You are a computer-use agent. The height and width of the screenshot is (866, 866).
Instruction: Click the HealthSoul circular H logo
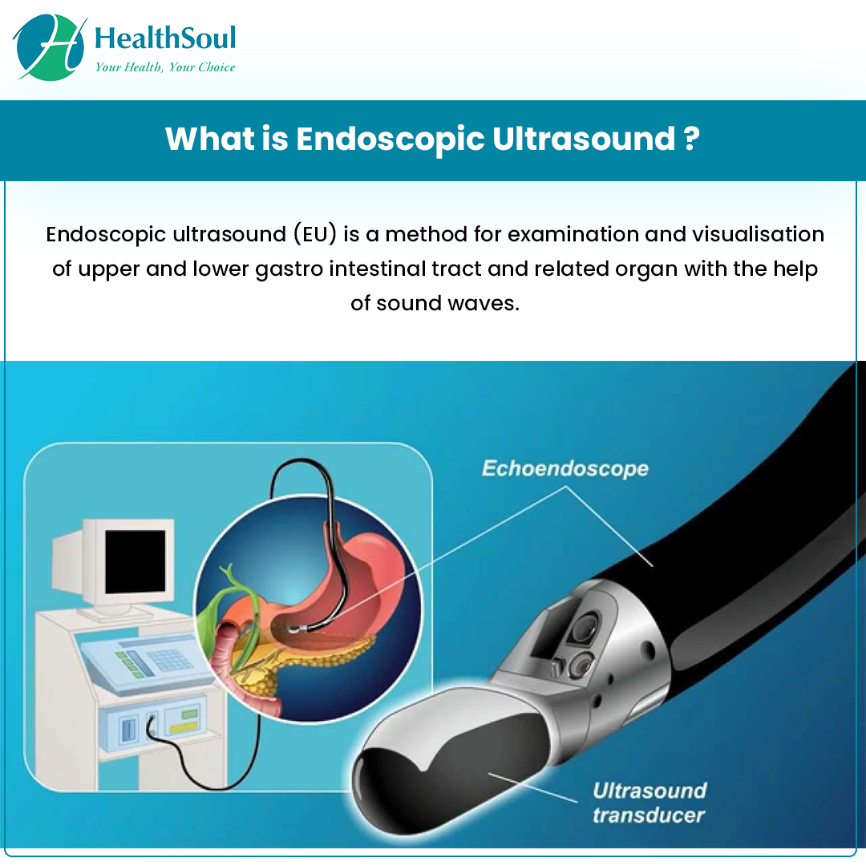[x=50, y=48]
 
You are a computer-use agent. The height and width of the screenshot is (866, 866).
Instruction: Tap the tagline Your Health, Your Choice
[x=165, y=67]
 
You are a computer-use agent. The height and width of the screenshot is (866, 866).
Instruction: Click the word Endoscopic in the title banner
[x=390, y=139]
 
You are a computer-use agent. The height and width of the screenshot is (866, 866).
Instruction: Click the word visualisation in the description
[x=759, y=234]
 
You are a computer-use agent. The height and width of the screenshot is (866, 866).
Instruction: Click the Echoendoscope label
[x=565, y=468]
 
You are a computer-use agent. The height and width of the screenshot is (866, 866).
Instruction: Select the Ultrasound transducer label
[x=649, y=803]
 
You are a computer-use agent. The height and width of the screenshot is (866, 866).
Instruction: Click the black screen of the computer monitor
[x=136, y=561]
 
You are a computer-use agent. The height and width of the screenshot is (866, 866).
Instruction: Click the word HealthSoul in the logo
[x=165, y=38]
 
